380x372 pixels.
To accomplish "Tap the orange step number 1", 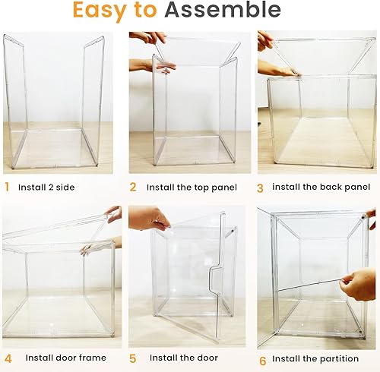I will [x=7, y=187].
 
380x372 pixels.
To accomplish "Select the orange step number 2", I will [x=133, y=187].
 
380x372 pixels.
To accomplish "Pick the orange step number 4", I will [x=8, y=357].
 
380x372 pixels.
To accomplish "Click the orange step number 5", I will [x=133, y=357].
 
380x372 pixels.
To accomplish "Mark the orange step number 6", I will [x=262, y=357].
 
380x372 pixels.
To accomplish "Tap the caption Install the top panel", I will [x=192, y=187].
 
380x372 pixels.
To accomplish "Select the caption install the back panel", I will [x=318, y=187].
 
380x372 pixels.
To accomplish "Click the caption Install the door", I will [x=183, y=357].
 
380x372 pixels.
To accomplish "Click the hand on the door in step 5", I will [x=149, y=218].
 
